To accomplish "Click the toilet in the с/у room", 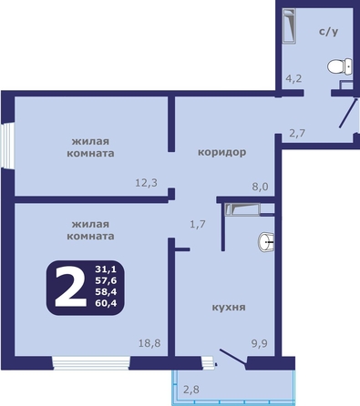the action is point(340,66).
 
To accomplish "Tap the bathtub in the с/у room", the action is point(289,25).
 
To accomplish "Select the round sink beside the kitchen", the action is point(266,242).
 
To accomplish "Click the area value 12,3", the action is point(146,183).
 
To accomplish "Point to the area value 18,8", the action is point(149,343).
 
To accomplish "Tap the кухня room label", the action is point(229,307).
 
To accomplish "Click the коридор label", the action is point(222,152).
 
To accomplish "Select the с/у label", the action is point(329,32).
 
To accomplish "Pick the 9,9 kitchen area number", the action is point(259,343).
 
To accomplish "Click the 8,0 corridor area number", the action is point(260,187).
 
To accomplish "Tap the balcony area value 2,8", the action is point(191,389).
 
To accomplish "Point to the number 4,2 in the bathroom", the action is point(293,78).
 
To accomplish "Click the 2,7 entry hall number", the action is point(297,133).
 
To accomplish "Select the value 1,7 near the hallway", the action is point(198,224).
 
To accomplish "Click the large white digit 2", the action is point(70,286).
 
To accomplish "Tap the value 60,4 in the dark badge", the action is point(106,302).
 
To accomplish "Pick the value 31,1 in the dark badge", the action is point(106,269).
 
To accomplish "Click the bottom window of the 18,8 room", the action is point(91,363).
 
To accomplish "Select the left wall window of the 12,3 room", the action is point(7,145).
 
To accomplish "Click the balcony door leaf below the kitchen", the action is point(232,356).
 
